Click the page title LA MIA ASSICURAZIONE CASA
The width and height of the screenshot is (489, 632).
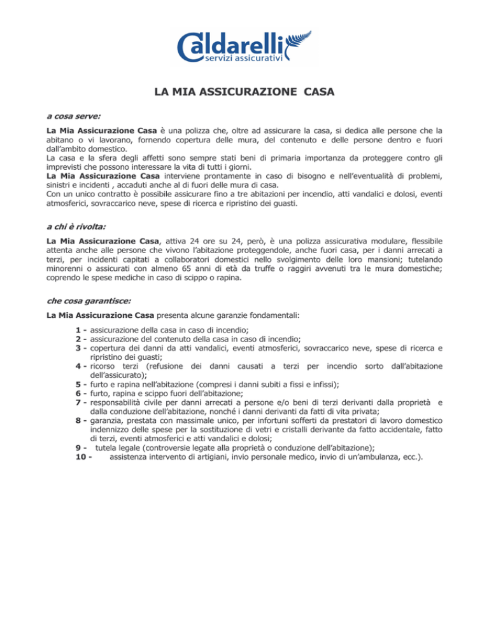click(245, 92)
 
